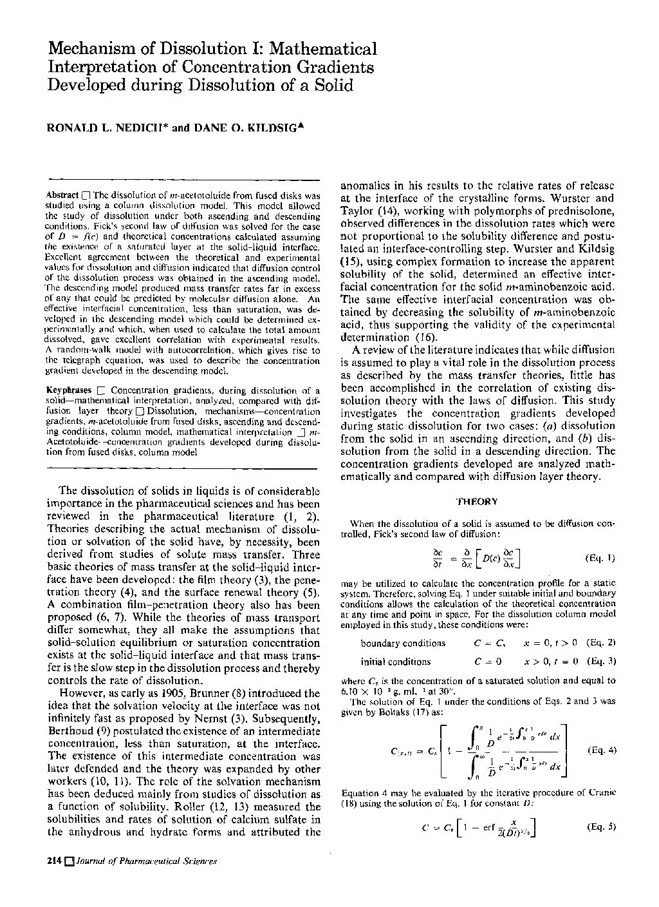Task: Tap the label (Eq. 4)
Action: (x=602, y=750)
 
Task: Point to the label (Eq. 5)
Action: (x=602, y=826)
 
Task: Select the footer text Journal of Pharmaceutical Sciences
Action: (x=145, y=861)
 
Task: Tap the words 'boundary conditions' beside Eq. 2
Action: (x=403, y=643)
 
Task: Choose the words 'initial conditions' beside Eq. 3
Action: (x=396, y=662)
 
